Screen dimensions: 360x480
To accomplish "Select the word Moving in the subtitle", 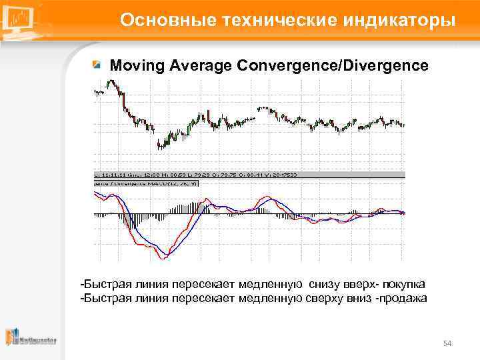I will (135, 66).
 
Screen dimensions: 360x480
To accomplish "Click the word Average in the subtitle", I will (197, 66).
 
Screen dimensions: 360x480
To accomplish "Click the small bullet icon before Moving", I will (97, 65).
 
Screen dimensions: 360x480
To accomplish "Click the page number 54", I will (447, 343).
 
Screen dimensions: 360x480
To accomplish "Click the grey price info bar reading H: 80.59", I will (200, 174).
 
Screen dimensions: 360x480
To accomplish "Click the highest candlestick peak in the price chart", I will (111, 82).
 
